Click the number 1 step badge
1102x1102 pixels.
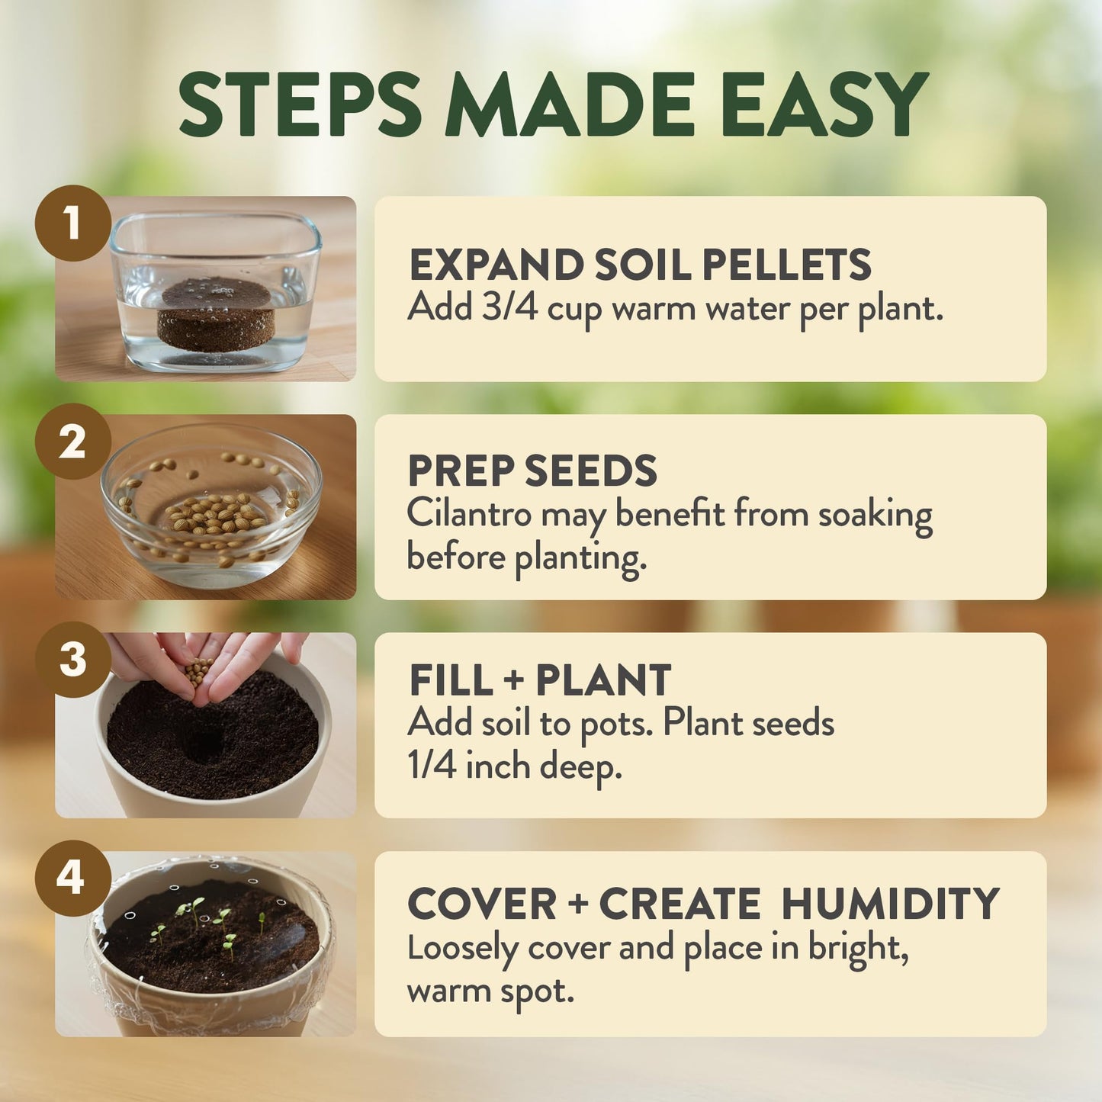click(x=72, y=223)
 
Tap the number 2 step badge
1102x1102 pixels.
click(x=72, y=442)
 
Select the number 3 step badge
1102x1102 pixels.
click(x=72, y=660)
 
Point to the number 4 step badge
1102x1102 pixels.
click(x=71, y=878)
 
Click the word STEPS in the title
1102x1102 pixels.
click(x=300, y=104)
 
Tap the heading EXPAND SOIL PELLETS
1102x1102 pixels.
click(x=640, y=265)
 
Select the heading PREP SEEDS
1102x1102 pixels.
click(x=532, y=471)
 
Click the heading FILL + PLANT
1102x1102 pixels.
click(x=540, y=680)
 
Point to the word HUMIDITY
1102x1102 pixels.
click(x=890, y=904)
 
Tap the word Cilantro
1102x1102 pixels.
click(x=468, y=513)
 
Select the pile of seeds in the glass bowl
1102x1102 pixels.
click(x=216, y=514)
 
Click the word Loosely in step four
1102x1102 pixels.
click(x=462, y=948)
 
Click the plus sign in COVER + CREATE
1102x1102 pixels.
click(x=577, y=905)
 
